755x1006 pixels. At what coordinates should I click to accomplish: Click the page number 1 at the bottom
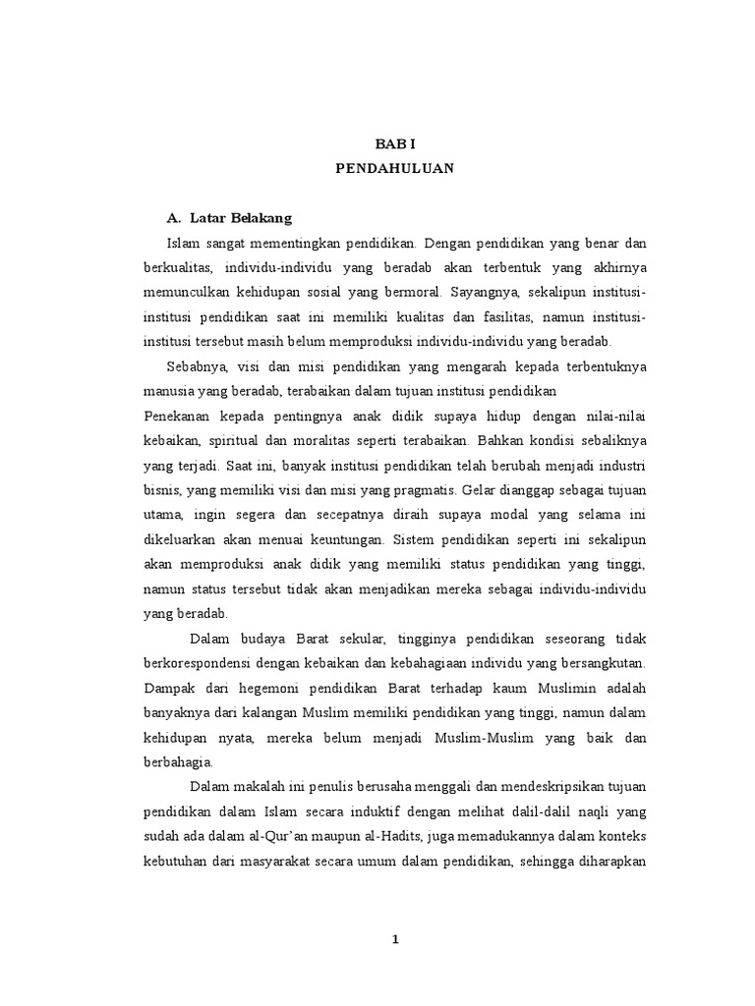[395, 938]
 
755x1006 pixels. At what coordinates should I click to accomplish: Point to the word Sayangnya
[488, 292]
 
